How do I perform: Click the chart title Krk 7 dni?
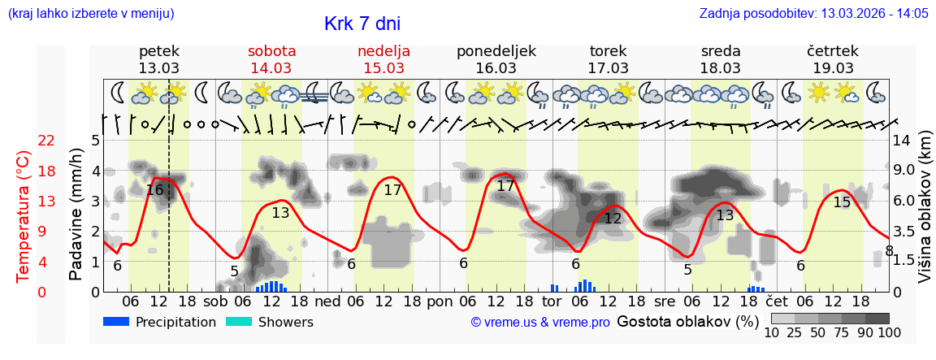(362, 24)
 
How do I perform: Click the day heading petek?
(159, 51)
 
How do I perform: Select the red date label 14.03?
(271, 68)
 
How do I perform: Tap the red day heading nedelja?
(383, 51)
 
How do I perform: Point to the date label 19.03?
(833, 68)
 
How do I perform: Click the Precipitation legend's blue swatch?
(117, 322)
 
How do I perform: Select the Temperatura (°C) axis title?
(24, 216)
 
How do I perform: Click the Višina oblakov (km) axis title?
(925, 216)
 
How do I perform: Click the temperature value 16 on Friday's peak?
(154, 190)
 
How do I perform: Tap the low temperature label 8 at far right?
(889, 251)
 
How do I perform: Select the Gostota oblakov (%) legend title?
(687, 321)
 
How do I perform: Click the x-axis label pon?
(440, 300)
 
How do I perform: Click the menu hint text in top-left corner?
(90, 14)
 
